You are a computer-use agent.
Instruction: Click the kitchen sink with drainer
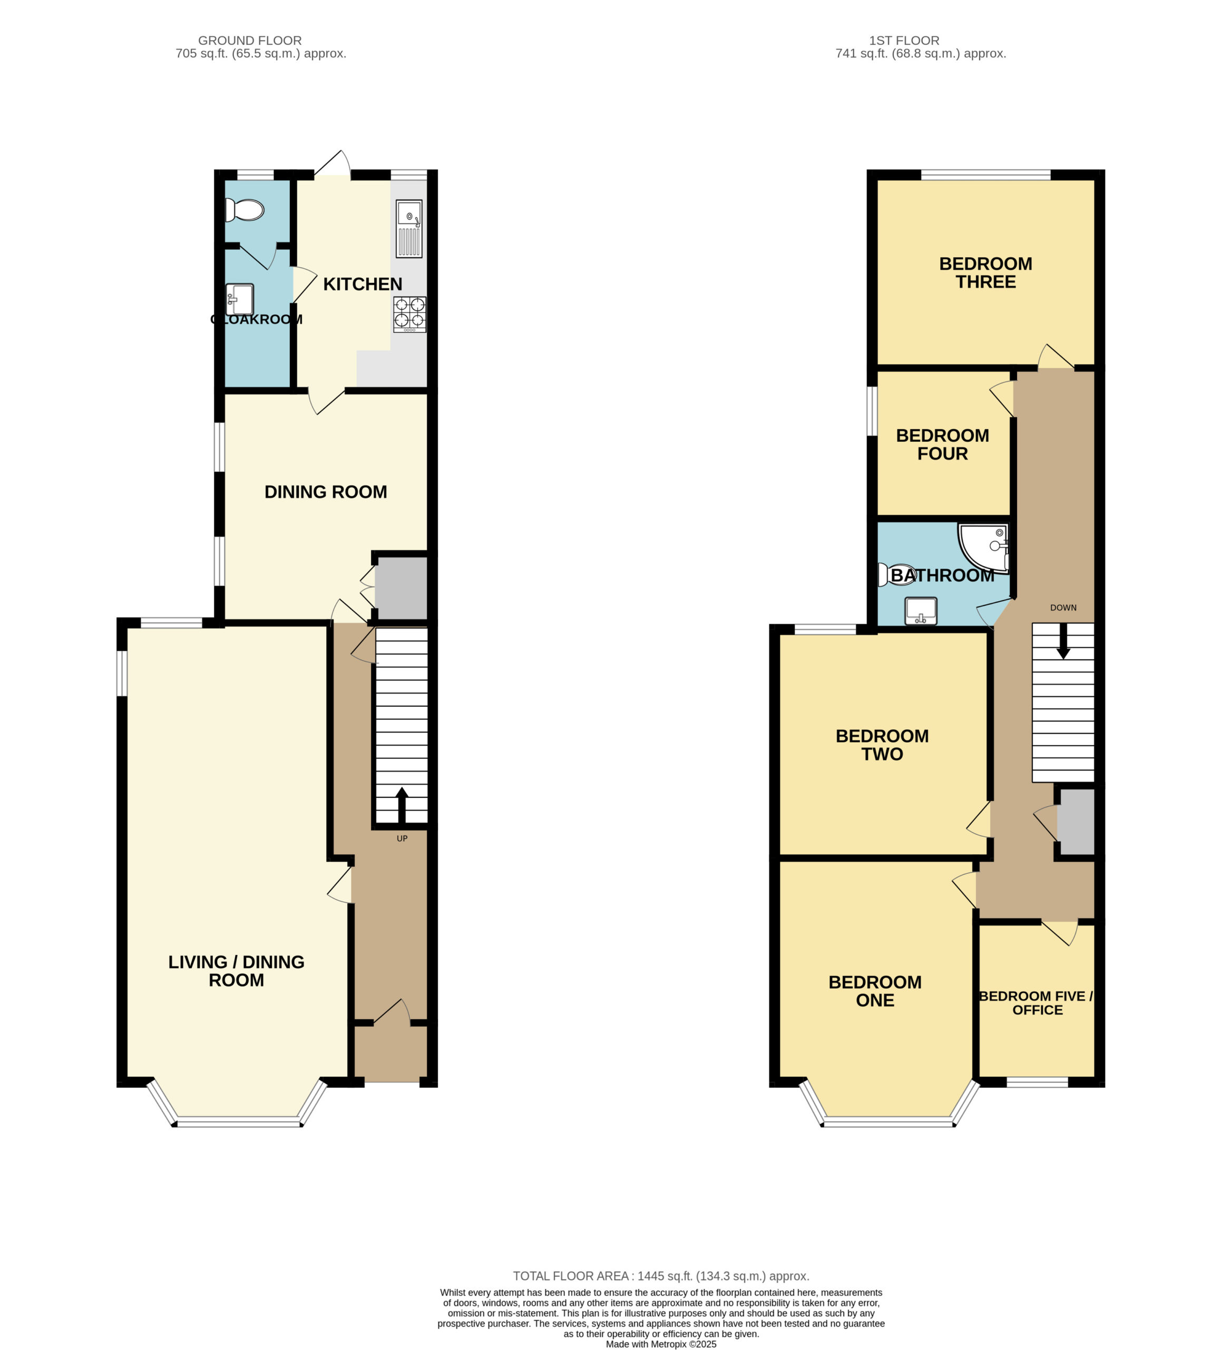click(409, 228)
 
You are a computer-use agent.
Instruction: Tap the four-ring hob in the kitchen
click(409, 314)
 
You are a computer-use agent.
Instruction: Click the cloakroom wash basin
click(240, 298)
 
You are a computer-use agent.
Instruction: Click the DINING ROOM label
click(326, 491)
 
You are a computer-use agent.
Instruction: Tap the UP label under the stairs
click(402, 838)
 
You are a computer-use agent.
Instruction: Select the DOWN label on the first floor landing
click(1063, 607)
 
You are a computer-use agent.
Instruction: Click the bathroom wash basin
click(921, 611)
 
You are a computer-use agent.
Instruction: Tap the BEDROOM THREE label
click(986, 273)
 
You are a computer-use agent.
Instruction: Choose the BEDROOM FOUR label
click(942, 444)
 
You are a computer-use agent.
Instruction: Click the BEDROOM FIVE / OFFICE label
click(1037, 1002)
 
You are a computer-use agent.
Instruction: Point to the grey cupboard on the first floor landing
click(1076, 822)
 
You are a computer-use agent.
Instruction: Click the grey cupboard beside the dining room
click(401, 588)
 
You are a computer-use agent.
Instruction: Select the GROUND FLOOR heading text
click(250, 40)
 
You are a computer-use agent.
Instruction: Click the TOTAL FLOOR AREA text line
click(661, 1276)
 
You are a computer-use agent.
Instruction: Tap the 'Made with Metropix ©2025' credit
click(661, 1343)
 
